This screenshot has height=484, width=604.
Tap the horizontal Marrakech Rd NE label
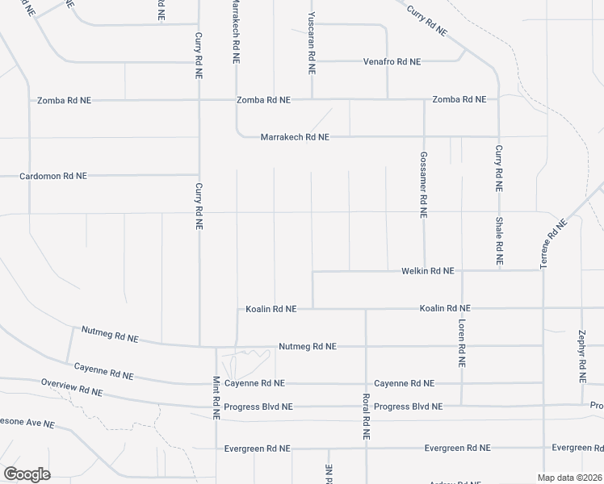(x=295, y=137)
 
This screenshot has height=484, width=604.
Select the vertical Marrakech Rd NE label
(x=236, y=32)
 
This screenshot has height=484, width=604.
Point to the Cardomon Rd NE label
(x=53, y=175)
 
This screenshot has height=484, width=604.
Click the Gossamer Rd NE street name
(x=423, y=185)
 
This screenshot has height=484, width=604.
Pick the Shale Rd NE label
(x=499, y=242)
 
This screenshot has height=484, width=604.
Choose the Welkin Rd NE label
(x=428, y=271)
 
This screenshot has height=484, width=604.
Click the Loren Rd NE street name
(x=462, y=344)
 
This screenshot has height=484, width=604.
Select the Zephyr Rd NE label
(x=581, y=356)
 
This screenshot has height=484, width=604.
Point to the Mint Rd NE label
(x=216, y=397)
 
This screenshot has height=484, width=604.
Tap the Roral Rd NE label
(x=366, y=416)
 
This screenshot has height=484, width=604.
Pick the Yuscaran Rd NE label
(x=311, y=44)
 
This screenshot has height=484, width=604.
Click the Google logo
(x=27, y=474)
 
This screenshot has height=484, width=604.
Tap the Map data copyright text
(x=568, y=478)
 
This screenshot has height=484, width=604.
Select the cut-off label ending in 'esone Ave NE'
(x=27, y=423)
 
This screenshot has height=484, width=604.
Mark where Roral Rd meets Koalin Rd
(x=366, y=308)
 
